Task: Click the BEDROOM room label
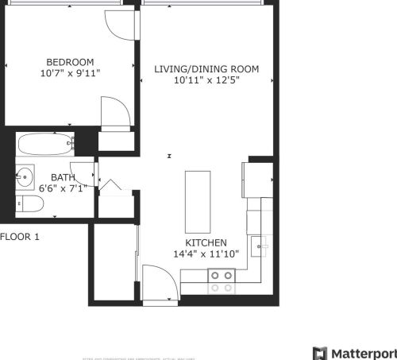[x=70, y=62]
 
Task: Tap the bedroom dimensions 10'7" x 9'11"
[x=70, y=73]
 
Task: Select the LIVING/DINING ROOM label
[x=206, y=69]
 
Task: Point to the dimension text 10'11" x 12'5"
[x=206, y=80]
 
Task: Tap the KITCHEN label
[x=206, y=243]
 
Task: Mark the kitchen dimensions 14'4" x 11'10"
[x=206, y=254]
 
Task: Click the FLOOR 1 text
[x=20, y=237]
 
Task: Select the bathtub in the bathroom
[x=46, y=145]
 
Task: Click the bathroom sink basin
[x=25, y=175]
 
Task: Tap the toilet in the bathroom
[x=30, y=205]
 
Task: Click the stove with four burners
[x=222, y=281]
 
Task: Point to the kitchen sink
[x=260, y=247]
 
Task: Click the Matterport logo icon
[x=320, y=353]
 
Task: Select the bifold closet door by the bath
[x=110, y=187]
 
